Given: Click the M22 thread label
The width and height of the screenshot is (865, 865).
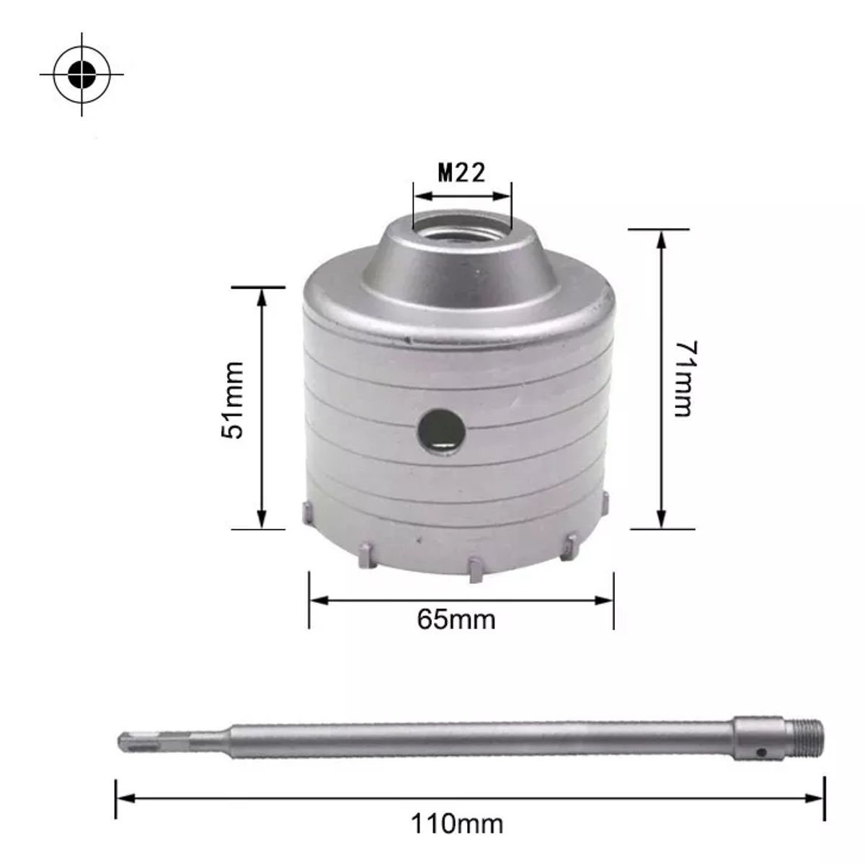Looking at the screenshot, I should click(461, 173).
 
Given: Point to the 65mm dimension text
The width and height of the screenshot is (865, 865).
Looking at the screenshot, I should click(456, 618).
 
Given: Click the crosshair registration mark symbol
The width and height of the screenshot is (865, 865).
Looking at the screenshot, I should click(82, 74).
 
